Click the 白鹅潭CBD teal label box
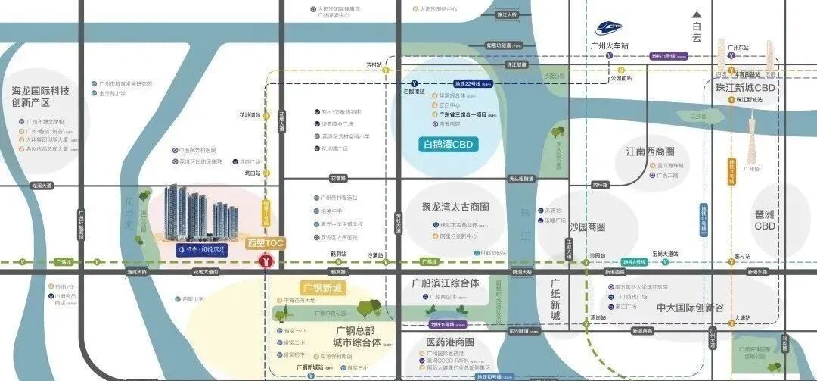452,145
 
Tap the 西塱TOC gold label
266,244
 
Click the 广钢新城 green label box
322,288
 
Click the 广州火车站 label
610,46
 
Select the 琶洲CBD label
765,220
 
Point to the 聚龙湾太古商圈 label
455,207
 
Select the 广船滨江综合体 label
446,283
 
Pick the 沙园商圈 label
587,227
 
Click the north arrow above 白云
697,14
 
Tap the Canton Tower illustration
753,140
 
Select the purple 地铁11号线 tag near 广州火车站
669,56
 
